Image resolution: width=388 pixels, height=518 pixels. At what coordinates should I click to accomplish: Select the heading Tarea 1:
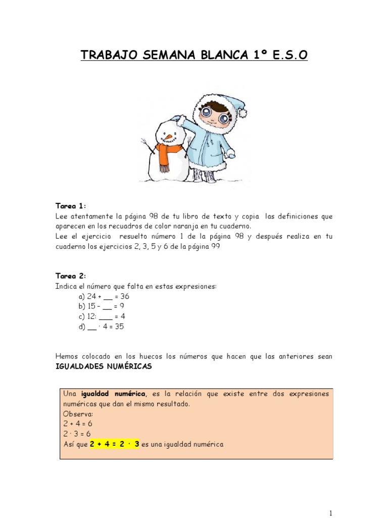click(71, 206)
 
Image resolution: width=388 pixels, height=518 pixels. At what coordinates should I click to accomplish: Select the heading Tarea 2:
click(71, 276)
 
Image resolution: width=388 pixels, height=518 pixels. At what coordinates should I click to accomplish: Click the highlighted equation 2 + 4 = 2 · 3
click(115, 444)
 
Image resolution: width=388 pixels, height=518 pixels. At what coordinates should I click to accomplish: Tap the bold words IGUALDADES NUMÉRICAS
click(104, 366)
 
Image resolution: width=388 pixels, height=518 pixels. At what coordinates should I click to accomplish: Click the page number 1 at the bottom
click(330, 511)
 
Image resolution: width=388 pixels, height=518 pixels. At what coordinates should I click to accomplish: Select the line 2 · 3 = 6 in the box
click(77, 434)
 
